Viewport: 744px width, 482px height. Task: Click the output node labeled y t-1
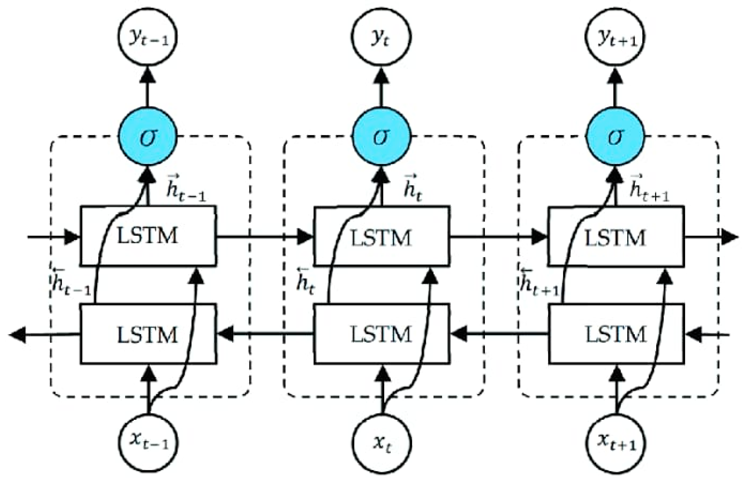click(x=148, y=37)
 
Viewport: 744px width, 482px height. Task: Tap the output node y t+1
click(x=615, y=37)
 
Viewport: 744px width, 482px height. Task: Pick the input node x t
click(x=381, y=443)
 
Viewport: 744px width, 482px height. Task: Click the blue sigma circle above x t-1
click(x=148, y=137)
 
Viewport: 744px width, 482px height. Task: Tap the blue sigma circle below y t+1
click(x=615, y=137)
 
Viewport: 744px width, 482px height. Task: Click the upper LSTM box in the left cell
click(x=148, y=236)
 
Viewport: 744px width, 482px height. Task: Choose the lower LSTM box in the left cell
click(x=148, y=334)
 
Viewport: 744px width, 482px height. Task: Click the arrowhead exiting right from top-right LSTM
click(x=730, y=237)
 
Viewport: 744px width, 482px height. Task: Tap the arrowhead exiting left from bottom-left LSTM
click(x=18, y=335)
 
